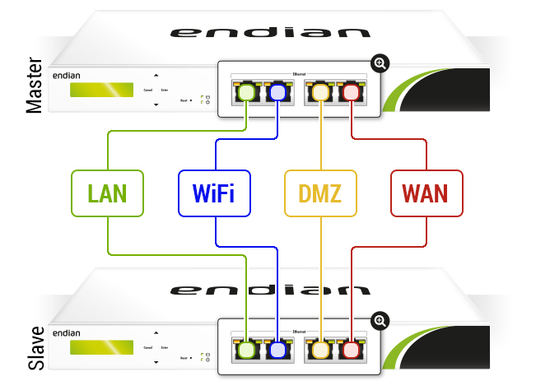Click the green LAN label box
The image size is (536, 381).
point(107,194)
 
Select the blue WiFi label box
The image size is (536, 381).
point(213,194)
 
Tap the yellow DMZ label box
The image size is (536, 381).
point(319,194)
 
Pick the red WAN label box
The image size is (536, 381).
point(425,194)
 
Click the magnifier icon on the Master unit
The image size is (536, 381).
point(380,63)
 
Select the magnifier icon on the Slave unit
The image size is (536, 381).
point(380,320)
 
